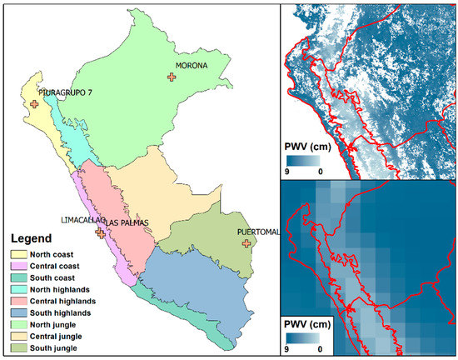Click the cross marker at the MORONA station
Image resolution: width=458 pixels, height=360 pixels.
click(172, 77)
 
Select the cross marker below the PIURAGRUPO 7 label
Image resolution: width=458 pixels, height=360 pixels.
click(34, 104)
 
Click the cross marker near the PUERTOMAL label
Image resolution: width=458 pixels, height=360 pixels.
click(246, 243)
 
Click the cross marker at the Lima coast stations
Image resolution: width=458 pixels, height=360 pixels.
click(101, 233)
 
